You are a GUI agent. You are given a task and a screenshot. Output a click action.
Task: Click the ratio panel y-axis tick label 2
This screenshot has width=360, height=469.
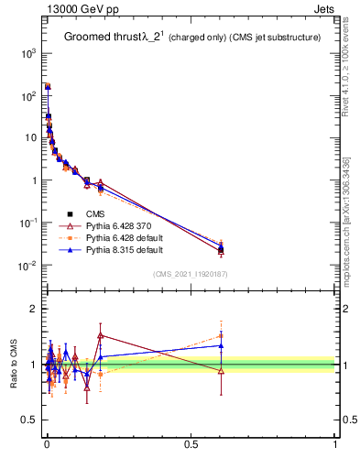pyautogui.click(x=33, y=309)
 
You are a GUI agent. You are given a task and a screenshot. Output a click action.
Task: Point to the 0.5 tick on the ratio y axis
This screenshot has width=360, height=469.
pyautogui.click(x=28, y=420)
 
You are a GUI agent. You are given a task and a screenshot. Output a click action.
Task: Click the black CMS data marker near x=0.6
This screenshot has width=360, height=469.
pyautogui.click(x=221, y=249)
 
